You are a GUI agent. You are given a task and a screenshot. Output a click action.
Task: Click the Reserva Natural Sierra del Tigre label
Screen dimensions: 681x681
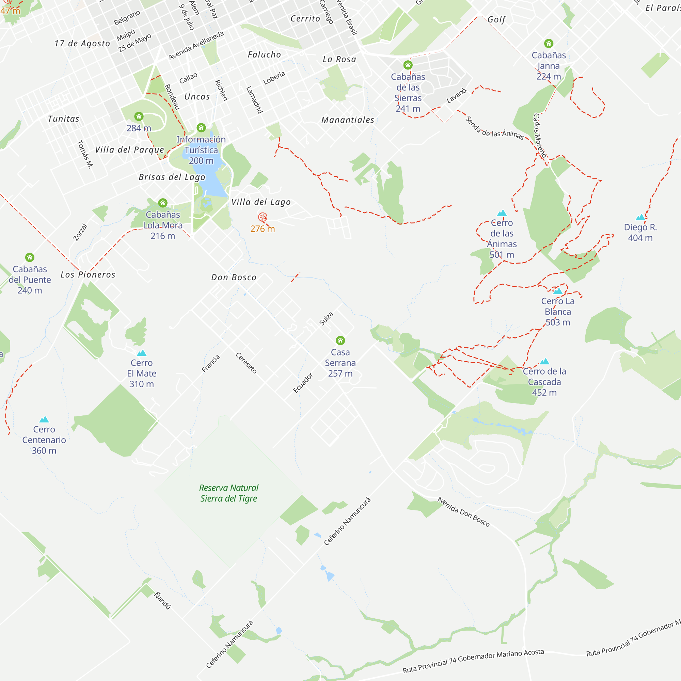click(229, 493)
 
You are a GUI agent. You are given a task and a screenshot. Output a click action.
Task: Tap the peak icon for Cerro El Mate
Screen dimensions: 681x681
click(141, 353)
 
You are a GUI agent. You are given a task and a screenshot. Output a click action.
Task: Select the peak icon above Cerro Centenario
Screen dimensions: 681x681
click(44, 419)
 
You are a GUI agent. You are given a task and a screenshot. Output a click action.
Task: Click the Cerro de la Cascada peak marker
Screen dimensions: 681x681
click(544, 361)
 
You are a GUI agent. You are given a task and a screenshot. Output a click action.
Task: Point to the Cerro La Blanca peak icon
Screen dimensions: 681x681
click(558, 291)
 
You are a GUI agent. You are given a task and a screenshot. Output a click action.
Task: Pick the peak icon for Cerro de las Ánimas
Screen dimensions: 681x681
click(502, 213)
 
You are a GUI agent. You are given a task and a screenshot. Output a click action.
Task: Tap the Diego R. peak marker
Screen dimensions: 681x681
click(640, 218)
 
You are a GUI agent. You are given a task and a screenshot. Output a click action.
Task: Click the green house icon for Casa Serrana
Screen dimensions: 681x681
click(340, 340)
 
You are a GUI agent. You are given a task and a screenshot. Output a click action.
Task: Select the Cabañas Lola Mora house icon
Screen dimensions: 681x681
click(162, 203)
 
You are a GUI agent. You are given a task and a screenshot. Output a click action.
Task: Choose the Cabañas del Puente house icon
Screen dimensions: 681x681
click(30, 257)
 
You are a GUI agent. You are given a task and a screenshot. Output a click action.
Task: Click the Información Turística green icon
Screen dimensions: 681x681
click(201, 127)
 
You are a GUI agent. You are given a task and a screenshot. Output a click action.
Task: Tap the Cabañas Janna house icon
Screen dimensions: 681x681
click(549, 43)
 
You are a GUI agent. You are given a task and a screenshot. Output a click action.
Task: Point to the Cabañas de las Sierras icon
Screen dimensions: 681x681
click(408, 65)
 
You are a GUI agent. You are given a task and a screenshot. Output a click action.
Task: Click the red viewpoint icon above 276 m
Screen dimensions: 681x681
click(262, 217)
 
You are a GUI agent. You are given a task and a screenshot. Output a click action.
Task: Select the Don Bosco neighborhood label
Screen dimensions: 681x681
click(234, 278)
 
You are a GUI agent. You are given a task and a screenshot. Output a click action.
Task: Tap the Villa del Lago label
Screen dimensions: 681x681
click(261, 202)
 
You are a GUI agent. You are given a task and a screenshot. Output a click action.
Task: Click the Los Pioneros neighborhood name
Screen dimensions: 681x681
click(88, 274)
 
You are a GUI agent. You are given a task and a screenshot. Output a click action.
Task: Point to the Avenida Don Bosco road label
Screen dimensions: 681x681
click(463, 512)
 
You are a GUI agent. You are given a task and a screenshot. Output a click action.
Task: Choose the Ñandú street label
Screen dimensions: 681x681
click(162, 601)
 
